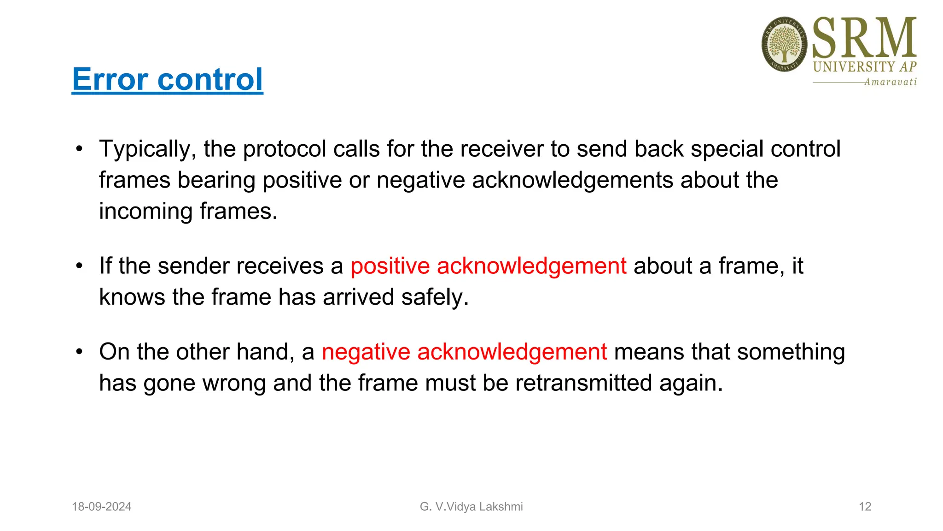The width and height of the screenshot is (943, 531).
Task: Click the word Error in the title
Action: click(111, 79)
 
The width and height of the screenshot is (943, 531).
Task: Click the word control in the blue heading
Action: click(210, 79)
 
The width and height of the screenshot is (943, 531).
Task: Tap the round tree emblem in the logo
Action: click(784, 45)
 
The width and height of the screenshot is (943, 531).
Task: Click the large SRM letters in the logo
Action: click(864, 38)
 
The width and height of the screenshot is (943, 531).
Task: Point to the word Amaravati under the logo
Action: click(890, 82)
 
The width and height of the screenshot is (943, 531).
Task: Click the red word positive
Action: click(390, 266)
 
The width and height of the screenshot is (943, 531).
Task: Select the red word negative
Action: click(366, 352)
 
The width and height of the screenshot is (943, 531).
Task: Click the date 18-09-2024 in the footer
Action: click(102, 507)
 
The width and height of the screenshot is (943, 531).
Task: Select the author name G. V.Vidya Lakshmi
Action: click(471, 507)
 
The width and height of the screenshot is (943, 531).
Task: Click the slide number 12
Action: click(865, 507)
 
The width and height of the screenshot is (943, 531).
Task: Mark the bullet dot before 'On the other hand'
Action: click(80, 352)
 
